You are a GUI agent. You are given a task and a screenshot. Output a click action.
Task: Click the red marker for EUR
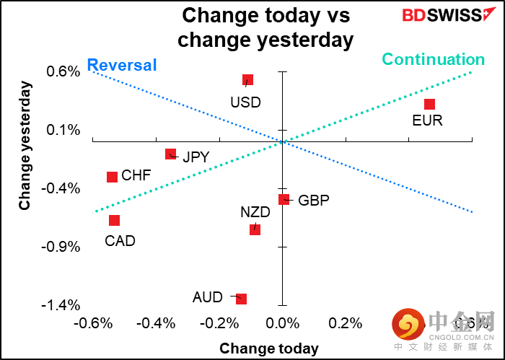429,105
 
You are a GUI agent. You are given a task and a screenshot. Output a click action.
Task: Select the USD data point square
247,80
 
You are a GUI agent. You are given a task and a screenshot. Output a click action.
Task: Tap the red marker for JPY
171,154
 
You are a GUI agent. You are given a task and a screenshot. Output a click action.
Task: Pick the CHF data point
113,177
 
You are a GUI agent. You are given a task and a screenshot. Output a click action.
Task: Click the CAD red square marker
114,220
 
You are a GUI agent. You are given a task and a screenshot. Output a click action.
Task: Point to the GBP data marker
284,199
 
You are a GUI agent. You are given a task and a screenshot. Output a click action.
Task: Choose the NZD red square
255,229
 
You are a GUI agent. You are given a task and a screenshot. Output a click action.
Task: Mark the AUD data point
241,299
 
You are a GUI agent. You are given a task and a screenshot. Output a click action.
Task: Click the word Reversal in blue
121,65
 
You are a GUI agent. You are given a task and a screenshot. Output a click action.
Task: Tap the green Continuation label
433,59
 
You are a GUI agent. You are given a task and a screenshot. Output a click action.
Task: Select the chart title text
265,27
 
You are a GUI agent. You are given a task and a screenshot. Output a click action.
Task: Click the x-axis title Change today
268,348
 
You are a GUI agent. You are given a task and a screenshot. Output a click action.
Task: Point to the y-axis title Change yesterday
25,145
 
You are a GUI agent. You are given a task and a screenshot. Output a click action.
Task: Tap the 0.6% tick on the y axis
63,71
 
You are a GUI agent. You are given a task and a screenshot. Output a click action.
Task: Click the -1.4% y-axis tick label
61,305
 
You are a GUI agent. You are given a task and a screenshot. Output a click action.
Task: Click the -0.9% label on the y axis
61,247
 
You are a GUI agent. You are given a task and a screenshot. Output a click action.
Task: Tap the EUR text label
427,120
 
